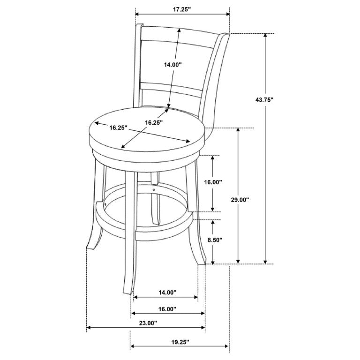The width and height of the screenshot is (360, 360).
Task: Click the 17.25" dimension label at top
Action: pos(182,9)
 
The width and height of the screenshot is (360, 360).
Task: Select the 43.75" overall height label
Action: pos(264,100)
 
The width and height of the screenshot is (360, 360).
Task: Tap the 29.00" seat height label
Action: pos(240,200)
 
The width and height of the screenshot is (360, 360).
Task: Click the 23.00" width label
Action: pos(148,323)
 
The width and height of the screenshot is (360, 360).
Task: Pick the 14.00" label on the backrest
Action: pos(172,65)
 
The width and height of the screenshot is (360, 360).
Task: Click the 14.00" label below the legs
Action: pos(167,292)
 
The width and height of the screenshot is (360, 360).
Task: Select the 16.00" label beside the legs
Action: pos(213,182)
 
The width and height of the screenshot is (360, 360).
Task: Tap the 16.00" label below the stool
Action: pos(167,309)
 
